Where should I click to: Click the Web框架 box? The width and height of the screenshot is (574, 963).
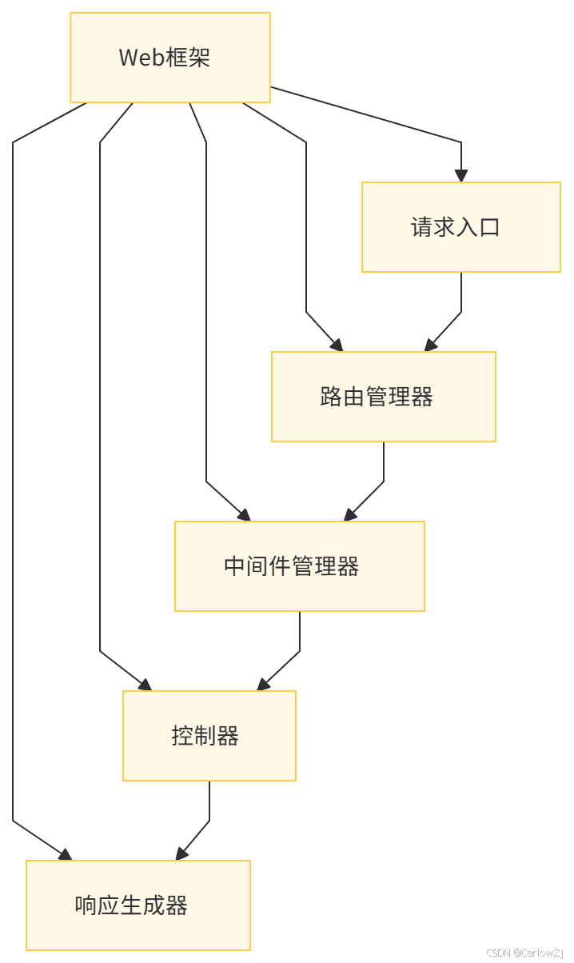(170, 58)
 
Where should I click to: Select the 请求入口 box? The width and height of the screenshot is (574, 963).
(460, 227)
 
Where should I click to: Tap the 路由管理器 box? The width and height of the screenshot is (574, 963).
(383, 397)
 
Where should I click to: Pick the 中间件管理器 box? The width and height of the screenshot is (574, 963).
(299, 566)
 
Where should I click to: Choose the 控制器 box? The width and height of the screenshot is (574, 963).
(209, 736)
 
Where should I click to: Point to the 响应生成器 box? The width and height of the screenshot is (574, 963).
(138, 905)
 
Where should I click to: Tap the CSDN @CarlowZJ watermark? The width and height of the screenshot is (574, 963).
(524, 953)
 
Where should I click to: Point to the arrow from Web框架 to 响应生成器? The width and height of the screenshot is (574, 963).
(13, 480)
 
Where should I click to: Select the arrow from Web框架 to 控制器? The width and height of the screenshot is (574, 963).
(100, 400)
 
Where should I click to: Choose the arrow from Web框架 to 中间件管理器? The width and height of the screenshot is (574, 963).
(206, 320)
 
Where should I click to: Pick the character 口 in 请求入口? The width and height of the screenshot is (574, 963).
(489, 227)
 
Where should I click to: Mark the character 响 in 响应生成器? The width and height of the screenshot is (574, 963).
(86, 905)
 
